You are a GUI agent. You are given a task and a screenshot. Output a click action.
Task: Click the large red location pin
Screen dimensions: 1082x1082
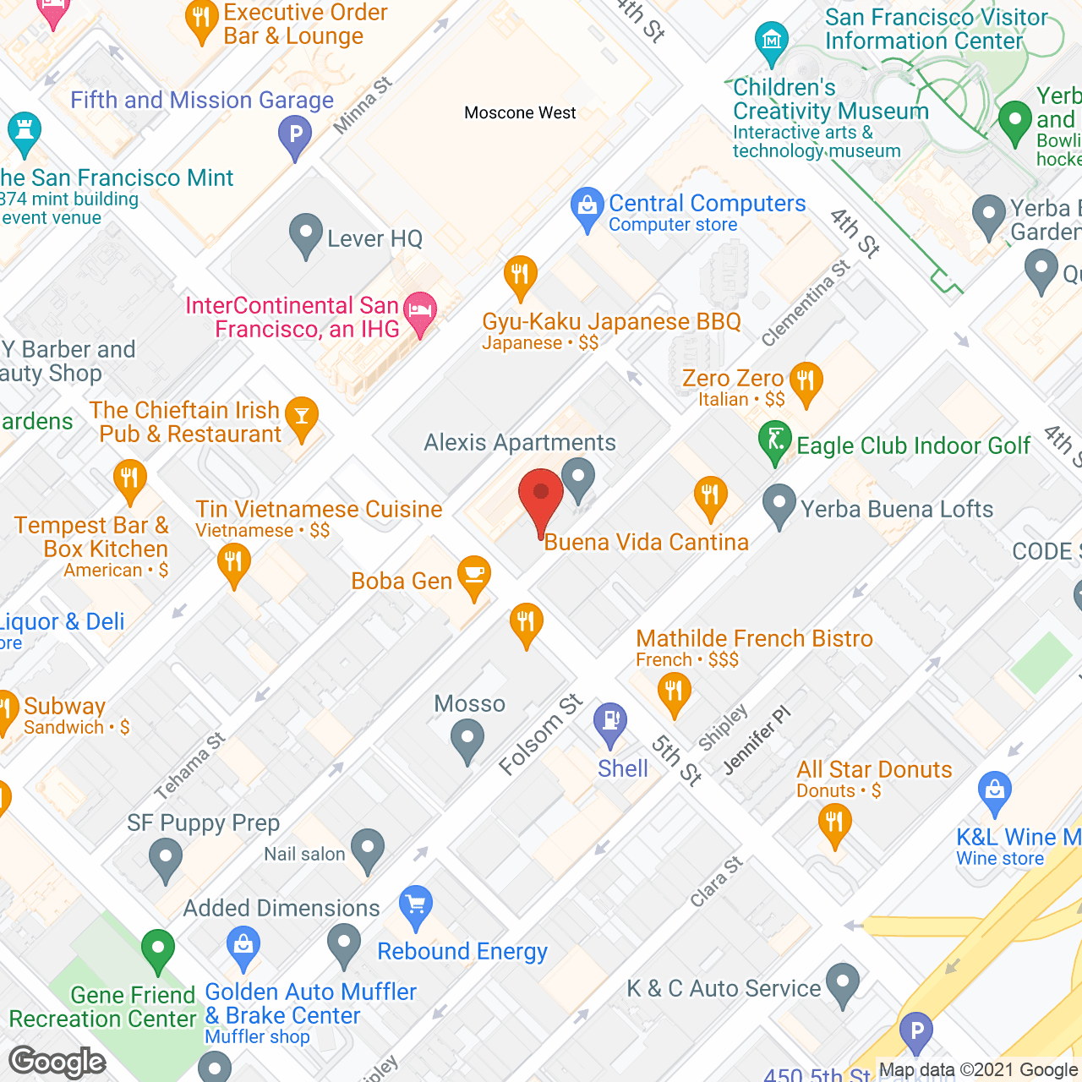541,499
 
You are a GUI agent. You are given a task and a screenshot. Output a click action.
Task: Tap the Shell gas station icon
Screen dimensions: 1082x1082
610,724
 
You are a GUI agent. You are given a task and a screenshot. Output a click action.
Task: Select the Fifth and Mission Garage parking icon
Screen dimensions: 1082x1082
295,135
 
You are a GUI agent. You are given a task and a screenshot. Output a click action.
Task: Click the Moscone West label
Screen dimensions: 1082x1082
520,112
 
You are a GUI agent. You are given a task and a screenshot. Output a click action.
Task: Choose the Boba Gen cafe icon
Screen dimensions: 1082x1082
474,577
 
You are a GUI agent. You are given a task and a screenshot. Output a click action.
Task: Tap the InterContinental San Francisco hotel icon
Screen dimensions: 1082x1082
420,312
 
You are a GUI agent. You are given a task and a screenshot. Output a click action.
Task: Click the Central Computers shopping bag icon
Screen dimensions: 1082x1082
587,207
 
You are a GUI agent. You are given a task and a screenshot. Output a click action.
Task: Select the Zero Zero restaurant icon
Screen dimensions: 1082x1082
806,382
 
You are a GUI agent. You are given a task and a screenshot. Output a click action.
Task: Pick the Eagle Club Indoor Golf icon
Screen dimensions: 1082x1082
774,441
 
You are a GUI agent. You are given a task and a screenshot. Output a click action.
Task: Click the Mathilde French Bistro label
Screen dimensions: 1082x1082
754,638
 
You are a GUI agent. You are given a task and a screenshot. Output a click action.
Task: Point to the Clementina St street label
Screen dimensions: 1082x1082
806,303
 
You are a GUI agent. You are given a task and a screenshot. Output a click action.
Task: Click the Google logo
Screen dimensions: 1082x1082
57,1062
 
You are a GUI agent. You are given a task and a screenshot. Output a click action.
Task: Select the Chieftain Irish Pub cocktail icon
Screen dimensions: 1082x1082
302,416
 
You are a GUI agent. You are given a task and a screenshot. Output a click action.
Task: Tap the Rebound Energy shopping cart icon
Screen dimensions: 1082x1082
415,906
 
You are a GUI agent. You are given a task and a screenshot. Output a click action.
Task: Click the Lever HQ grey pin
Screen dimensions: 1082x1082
305,234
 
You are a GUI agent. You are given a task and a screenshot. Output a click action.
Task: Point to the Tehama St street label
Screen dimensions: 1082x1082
190,766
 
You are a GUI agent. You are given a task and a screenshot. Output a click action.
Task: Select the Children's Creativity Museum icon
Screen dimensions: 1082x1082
771,41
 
